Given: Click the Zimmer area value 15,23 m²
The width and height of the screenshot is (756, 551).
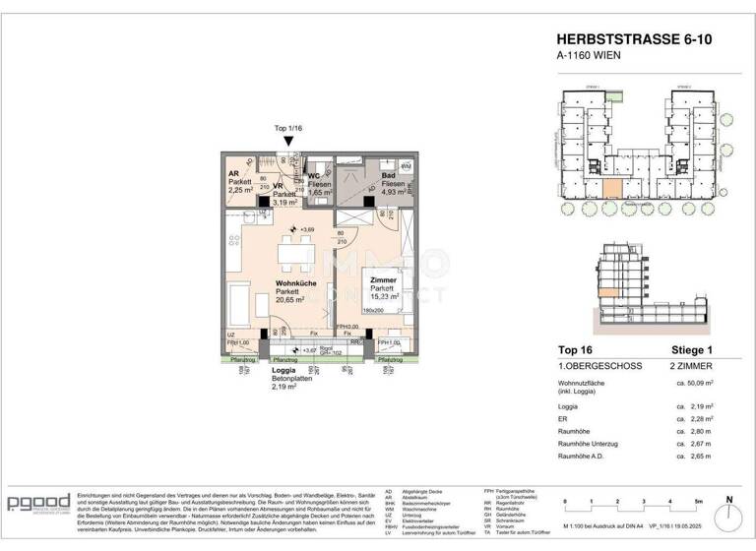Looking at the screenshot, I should [385, 295].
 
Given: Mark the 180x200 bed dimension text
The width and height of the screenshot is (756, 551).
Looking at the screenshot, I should [378, 311].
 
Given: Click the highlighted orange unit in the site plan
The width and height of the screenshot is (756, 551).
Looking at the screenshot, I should [611, 190].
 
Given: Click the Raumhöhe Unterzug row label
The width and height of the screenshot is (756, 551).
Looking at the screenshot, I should [599, 445].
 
